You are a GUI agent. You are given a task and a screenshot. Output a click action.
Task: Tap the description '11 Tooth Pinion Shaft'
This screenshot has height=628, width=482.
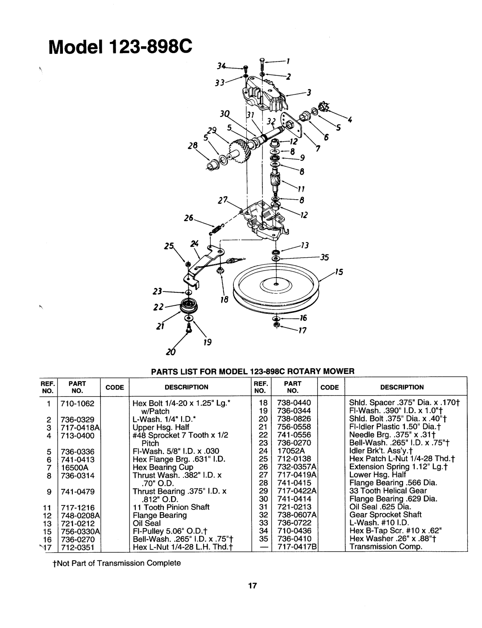point(159,507)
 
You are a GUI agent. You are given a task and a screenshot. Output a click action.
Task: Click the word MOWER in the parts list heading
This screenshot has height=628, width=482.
point(337,370)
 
